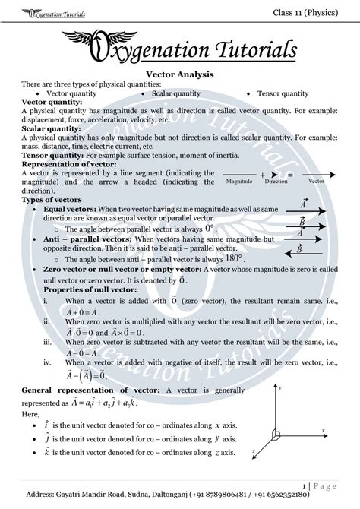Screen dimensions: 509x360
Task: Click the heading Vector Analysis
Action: [179, 74]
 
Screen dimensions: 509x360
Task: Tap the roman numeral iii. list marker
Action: [48, 342]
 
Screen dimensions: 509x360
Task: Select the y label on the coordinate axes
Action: [281, 387]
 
